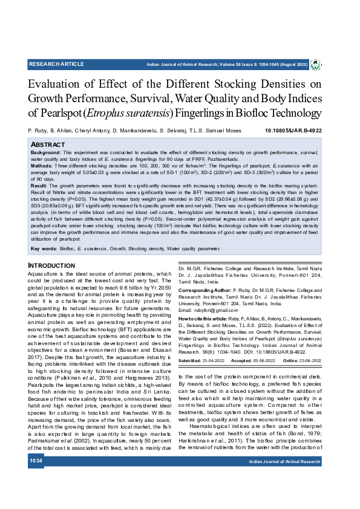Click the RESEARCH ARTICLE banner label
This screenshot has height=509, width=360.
point(56,63)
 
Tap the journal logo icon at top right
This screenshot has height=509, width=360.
point(316,64)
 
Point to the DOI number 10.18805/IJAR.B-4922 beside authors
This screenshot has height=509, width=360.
point(293,131)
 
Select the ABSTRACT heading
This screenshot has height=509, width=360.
point(48,146)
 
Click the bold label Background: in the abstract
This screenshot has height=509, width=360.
point(45,154)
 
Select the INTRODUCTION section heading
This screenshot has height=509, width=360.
point(51,265)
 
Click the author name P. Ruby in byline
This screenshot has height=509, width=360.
point(38,131)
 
